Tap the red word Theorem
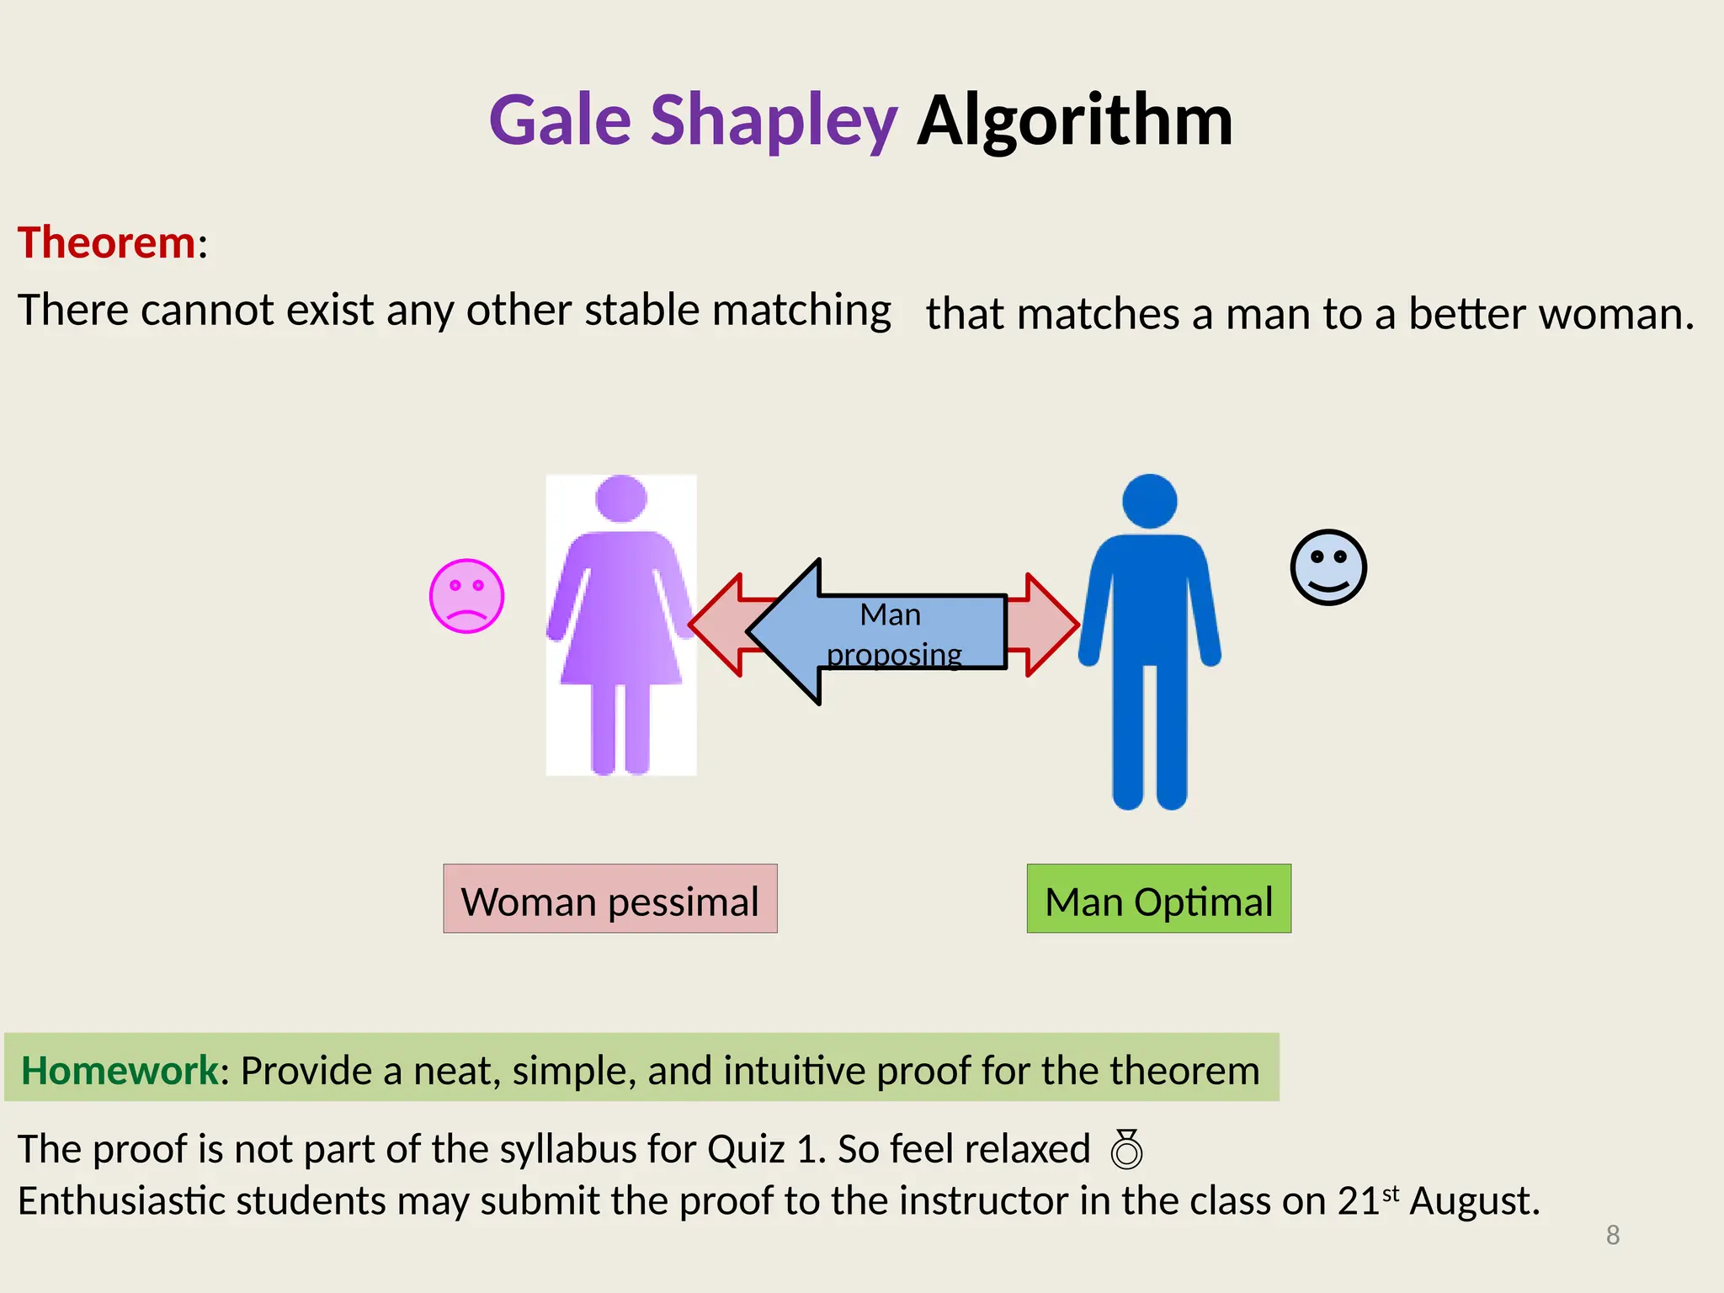[x=107, y=243]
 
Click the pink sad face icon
[x=466, y=596]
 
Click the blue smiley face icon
[x=1328, y=567]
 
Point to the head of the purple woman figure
[x=621, y=498]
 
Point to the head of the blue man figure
[x=1149, y=502]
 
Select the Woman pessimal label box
[x=609, y=899]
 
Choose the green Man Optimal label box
[x=1158, y=899]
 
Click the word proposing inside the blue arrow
[x=894, y=655]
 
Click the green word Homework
[x=120, y=1071]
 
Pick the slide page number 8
[x=1612, y=1235]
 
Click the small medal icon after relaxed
[x=1126, y=1150]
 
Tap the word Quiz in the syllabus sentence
[x=746, y=1150]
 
